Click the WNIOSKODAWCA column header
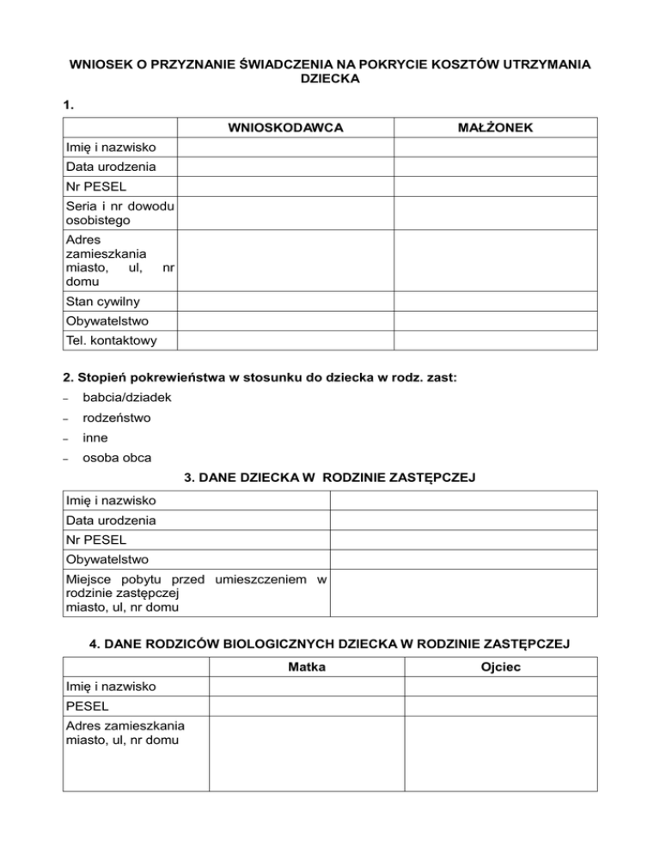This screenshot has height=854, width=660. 285,128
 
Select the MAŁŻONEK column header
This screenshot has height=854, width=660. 500,128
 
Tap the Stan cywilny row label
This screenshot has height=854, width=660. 102,302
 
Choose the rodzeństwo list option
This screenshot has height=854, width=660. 117,418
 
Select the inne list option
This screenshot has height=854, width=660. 95,438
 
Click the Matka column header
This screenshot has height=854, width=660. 306,667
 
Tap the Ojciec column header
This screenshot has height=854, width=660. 500,667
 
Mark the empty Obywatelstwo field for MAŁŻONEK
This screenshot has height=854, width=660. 500,321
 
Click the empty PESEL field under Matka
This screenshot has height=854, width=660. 306,705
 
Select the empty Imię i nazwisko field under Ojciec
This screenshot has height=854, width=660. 500,686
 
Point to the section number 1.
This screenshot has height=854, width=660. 69,105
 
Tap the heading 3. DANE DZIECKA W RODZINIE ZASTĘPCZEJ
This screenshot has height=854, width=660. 330,476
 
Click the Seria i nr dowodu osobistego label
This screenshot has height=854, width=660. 120,213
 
